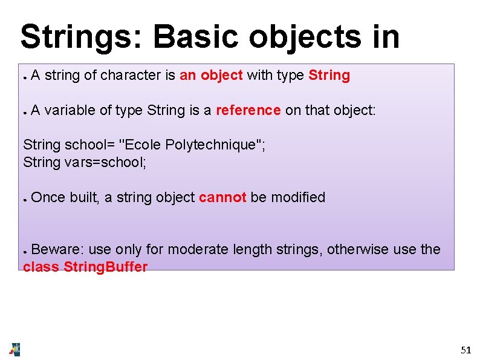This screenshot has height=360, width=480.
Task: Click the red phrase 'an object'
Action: pos(211,76)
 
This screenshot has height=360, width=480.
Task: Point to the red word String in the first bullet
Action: pos(329,76)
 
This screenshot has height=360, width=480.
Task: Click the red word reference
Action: pos(248,110)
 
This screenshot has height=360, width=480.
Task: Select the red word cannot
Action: pos(222,197)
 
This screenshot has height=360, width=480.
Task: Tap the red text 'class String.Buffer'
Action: pos(85,267)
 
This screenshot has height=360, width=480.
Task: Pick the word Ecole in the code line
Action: pos(141,145)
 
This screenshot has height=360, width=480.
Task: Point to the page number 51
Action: pos(465,350)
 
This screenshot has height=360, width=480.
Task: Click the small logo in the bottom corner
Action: pos(15,349)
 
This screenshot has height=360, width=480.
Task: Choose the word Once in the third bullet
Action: pos(48,197)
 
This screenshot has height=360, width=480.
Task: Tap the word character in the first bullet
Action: pos(130,76)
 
